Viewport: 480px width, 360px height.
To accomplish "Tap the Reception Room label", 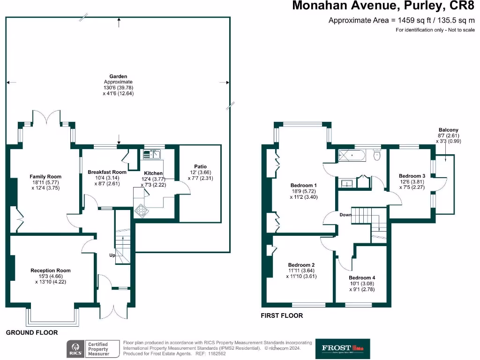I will pyautogui.click(x=50, y=270).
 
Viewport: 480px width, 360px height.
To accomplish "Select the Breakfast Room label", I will pyautogui.click(x=107, y=172).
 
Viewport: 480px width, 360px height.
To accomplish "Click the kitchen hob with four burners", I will pyautogui.click(x=141, y=211).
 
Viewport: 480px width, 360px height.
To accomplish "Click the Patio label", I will pyautogui.click(x=200, y=166).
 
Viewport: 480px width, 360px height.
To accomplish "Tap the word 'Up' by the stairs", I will pyautogui.click(x=112, y=255).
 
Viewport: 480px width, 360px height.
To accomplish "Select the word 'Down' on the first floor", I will pyautogui.click(x=346, y=215).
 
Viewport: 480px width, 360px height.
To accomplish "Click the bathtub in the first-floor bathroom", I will pyautogui.click(x=353, y=155).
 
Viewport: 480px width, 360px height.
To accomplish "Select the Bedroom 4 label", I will pyautogui.click(x=362, y=277).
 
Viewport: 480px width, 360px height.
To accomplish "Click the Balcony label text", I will pyautogui.click(x=448, y=130).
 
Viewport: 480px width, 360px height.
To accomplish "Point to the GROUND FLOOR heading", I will pyautogui.click(x=32, y=332).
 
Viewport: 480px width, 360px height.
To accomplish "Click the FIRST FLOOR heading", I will pyautogui.click(x=282, y=315).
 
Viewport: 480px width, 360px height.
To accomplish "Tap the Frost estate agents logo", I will pyautogui.click(x=342, y=348).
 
